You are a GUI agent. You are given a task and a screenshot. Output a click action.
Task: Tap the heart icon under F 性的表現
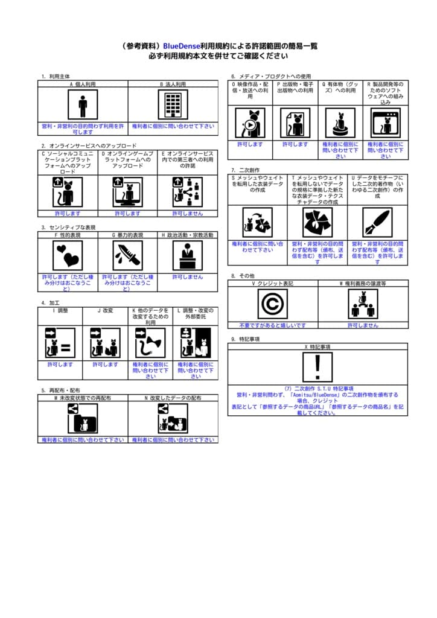click(x=68, y=255)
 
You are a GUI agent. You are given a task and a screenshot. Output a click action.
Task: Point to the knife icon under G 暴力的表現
click(x=127, y=255)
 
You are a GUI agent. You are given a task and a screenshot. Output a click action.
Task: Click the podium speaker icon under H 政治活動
click(x=187, y=255)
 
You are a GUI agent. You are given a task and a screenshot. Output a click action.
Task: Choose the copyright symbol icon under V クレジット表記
click(x=272, y=304)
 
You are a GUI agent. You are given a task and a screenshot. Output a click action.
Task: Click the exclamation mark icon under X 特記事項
click(x=317, y=368)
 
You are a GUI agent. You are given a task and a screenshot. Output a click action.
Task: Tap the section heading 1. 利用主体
click(x=56, y=77)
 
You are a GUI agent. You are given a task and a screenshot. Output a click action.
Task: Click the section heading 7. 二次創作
click(x=245, y=170)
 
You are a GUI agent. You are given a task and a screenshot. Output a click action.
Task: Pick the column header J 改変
click(x=105, y=310)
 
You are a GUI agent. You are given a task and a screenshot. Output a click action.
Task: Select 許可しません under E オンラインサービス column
click(x=187, y=213)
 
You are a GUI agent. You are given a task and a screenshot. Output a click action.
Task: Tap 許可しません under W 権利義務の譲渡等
click(x=363, y=325)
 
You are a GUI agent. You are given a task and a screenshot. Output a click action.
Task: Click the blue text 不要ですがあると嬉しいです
click(x=272, y=325)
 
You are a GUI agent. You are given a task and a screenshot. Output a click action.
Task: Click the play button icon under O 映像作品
click(x=249, y=123)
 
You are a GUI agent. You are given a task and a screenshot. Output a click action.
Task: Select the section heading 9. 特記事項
click(x=245, y=339)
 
